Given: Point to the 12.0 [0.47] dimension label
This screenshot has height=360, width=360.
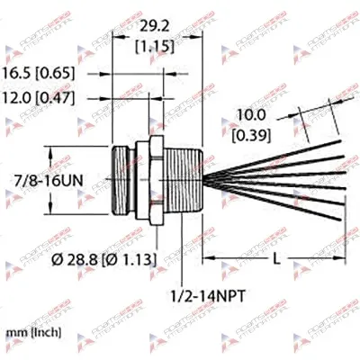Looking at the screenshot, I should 49,94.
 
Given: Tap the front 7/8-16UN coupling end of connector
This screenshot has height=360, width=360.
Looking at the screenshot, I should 123,180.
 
